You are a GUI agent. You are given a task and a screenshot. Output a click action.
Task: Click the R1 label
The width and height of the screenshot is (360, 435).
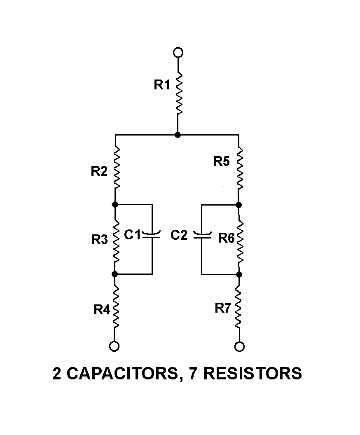(x=162, y=85)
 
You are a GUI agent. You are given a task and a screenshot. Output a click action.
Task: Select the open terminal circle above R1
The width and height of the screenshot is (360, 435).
(x=178, y=52)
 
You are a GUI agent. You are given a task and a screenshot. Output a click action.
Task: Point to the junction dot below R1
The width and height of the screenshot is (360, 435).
(x=178, y=135)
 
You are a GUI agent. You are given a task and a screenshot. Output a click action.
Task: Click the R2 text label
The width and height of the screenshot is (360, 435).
(x=99, y=171)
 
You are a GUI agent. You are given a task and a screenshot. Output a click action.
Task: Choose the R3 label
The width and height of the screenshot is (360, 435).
(x=99, y=240)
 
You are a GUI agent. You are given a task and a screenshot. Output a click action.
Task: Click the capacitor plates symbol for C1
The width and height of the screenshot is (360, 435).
(x=152, y=236)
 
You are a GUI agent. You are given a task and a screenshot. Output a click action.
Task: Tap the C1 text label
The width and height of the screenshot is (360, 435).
(x=133, y=235)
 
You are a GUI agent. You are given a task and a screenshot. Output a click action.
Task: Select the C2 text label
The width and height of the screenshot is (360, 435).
(x=179, y=235)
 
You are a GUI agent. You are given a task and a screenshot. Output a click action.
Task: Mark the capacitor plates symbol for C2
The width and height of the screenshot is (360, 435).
(x=202, y=236)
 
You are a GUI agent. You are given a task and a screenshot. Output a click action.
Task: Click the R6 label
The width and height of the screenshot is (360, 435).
(x=226, y=238)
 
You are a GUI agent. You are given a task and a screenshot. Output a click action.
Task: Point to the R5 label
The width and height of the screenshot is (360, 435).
(x=222, y=161)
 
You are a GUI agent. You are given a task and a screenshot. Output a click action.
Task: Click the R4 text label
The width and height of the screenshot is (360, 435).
(x=102, y=310)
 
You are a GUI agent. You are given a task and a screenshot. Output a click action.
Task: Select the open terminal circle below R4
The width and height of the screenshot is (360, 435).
(x=115, y=346)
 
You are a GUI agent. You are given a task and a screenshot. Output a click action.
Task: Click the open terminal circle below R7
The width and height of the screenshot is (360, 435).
(x=239, y=346)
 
